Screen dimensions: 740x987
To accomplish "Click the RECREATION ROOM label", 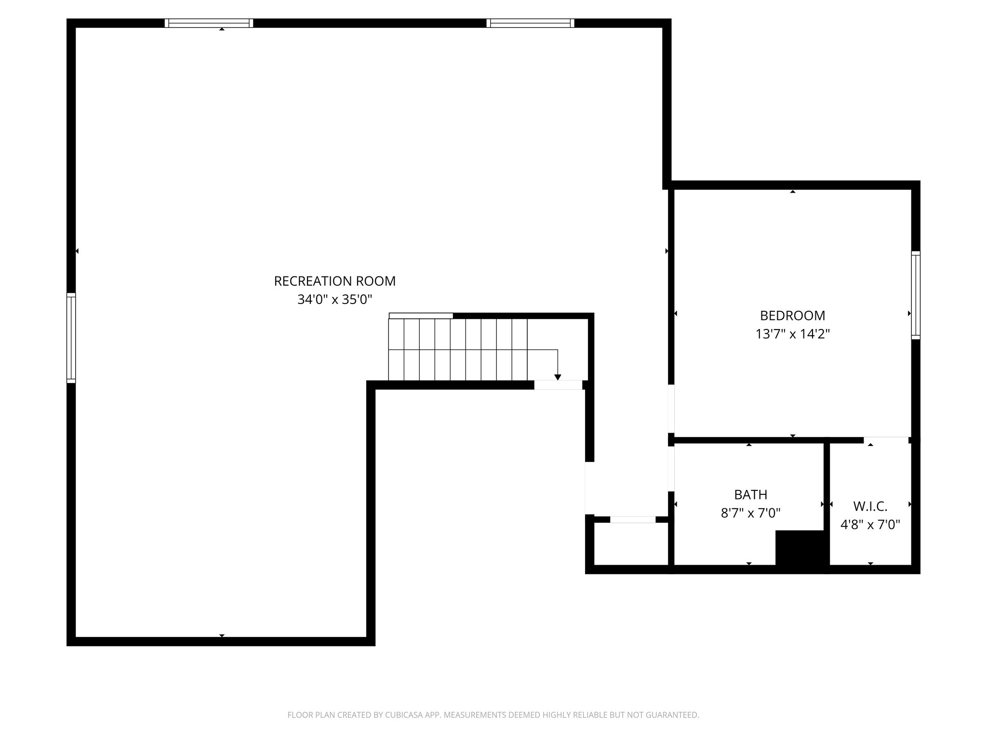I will [334, 281].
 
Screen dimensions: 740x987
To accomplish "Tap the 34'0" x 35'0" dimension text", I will [334, 300].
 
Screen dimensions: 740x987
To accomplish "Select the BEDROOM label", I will [792, 316].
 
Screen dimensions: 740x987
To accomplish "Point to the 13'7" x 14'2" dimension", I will [792, 334].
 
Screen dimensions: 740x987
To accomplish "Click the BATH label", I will [750, 495].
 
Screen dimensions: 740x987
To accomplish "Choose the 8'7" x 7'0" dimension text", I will [750, 513].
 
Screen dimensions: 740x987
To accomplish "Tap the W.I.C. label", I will [870, 506].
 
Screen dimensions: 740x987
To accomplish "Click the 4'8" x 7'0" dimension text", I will [870, 525].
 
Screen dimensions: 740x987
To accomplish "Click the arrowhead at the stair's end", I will [558, 377].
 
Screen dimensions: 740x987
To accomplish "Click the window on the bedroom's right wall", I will [915, 295].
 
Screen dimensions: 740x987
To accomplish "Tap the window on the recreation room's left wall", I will [71, 338].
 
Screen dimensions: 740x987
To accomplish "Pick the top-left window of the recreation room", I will [209, 23].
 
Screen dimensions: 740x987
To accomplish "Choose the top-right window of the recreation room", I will [530, 23].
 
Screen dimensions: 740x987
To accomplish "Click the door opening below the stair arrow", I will [558, 385].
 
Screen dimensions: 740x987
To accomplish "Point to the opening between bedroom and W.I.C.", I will [886, 439].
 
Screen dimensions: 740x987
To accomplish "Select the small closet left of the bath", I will [631, 543].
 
